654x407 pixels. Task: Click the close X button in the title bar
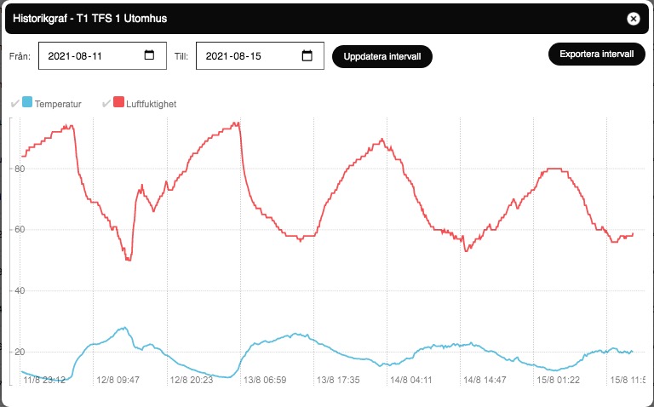pos(633,18)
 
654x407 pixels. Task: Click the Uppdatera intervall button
pos(382,56)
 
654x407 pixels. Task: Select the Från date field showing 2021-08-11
pos(89,56)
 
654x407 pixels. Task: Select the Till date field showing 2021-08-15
pos(247,56)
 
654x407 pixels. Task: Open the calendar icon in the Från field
pos(149,56)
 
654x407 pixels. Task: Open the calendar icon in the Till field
pos(307,56)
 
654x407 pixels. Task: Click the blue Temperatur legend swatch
pos(27,103)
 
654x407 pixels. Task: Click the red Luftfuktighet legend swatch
pos(118,103)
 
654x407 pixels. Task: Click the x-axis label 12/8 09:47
pos(118,380)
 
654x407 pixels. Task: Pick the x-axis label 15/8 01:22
pos(559,380)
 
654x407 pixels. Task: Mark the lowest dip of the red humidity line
pos(128,260)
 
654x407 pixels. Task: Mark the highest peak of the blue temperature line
pos(125,327)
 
